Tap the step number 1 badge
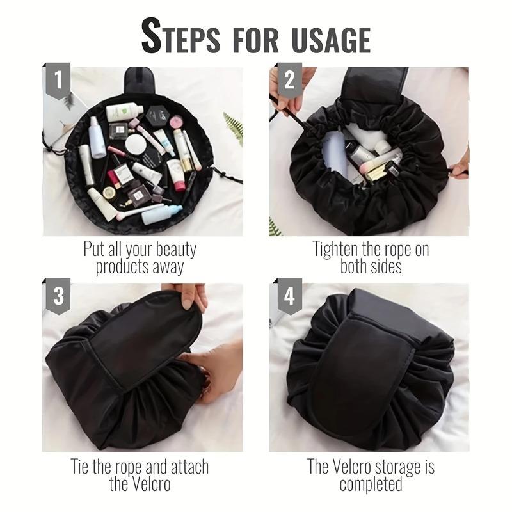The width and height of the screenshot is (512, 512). [59, 81]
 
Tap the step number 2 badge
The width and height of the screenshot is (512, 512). [289, 81]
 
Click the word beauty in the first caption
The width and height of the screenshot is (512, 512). [171, 250]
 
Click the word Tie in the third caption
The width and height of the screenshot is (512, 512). [81, 466]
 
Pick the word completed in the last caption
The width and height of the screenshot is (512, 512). [371, 483]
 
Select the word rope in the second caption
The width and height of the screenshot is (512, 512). [396, 250]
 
